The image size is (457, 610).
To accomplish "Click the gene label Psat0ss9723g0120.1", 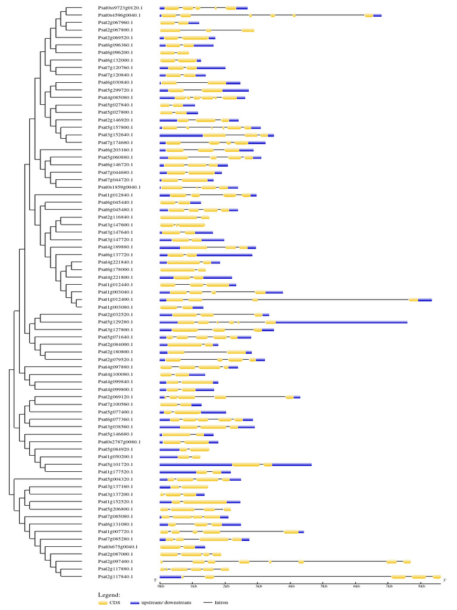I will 119,8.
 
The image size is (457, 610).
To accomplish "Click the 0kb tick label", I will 160,587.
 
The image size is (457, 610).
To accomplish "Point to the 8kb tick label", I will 422,587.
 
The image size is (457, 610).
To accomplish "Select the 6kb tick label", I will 356,587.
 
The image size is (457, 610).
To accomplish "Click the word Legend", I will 109,595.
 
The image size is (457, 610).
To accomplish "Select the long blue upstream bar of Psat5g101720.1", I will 196,464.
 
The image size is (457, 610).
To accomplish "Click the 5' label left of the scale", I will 156,580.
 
